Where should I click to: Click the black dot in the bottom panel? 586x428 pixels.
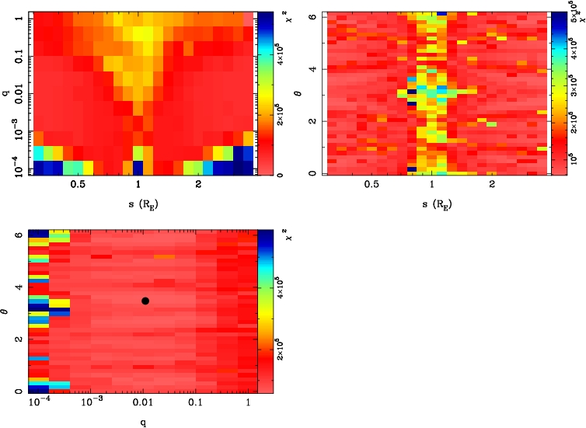(x=145, y=301)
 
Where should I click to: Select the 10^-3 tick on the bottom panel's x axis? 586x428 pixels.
(x=91, y=405)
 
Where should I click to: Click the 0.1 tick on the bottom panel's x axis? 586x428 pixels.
(x=195, y=405)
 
